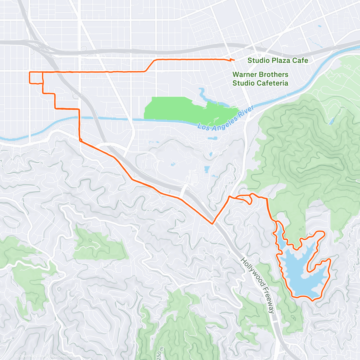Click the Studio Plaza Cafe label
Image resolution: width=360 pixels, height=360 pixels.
click(277, 60)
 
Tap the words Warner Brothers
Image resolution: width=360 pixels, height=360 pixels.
click(260, 74)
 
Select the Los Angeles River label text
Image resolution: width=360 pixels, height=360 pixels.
click(226, 119)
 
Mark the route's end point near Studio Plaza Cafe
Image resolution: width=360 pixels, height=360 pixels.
click(234, 60)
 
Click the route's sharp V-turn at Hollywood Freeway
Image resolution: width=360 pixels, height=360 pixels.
click(212, 223)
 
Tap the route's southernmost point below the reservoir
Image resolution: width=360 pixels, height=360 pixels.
click(313, 300)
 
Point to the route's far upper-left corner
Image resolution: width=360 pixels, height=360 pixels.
click(29, 73)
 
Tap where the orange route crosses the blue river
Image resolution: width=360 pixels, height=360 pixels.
click(79, 118)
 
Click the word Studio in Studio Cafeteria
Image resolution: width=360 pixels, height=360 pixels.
click(242, 83)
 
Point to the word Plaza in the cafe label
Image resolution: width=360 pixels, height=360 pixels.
click(281, 60)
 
